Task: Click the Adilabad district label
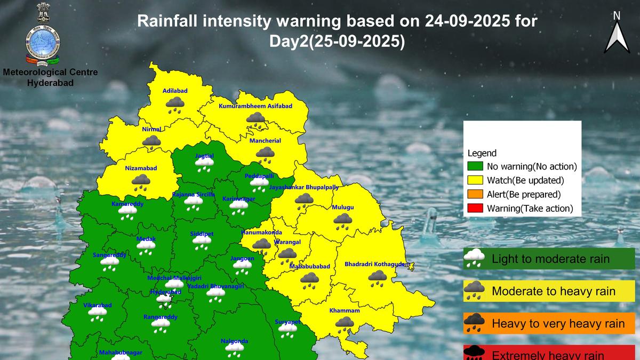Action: click(x=175, y=91)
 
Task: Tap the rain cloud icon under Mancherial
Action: click(x=265, y=155)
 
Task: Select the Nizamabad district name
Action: click(x=141, y=168)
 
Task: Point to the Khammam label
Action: click(x=345, y=310)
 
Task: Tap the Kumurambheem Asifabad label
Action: click(x=255, y=107)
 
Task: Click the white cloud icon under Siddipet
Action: click(x=202, y=243)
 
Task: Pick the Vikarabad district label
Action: click(x=98, y=306)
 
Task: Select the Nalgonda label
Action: click(x=235, y=341)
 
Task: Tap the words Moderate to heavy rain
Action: click(x=553, y=291)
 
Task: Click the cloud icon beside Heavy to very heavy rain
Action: click(x=474, y=323)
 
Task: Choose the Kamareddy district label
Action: click(x=127, y=204)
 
